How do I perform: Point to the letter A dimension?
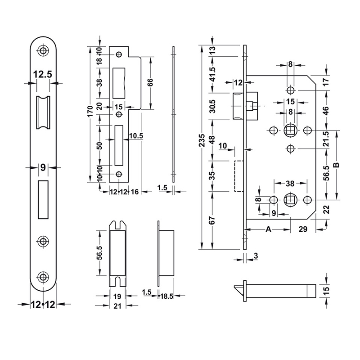[268, 229]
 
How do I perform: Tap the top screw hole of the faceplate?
[43, 50]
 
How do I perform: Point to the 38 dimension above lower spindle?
[290, 183]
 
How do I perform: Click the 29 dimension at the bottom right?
[302, 229]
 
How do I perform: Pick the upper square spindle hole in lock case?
[290, 130]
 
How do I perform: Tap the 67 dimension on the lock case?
[212, 220]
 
